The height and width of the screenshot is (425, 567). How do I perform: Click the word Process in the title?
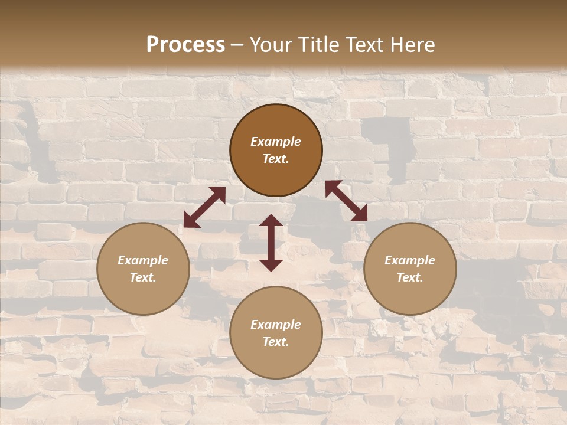pyautogui.click(x=185, y=45)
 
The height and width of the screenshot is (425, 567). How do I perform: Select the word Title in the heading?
pyautogui.click(x=320, y=45)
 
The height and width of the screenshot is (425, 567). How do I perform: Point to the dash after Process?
pyautogui.click(x=237, y=45)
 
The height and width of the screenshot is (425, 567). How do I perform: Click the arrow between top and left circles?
pyautogui.click(x=204, y=207)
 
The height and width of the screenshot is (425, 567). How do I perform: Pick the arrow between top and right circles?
pyautogui.click(x=346, y=201)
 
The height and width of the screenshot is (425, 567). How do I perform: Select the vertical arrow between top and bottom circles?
pyautogui.click(x=271, y=243)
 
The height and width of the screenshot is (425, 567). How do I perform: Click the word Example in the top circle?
pyautogui.click(x=276, y=142)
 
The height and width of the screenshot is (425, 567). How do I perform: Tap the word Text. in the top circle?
pyautogui.click(x=276, y=159)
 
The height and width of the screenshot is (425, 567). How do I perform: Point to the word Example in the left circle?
pyautogui.click(x=143, y=260)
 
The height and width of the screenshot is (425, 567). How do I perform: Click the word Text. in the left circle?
pyautogui.click(x=143, y=277)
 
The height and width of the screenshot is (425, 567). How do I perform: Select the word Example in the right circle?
pyautogui.click(x=410, y=260)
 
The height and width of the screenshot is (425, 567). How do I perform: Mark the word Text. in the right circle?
pyautogui.click(x=410, y=277)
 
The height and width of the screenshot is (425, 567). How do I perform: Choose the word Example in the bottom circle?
pyautogui.click(x=276, y=325)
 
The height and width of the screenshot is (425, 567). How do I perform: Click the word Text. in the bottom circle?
pyautogui.click(x=276, y=342)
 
